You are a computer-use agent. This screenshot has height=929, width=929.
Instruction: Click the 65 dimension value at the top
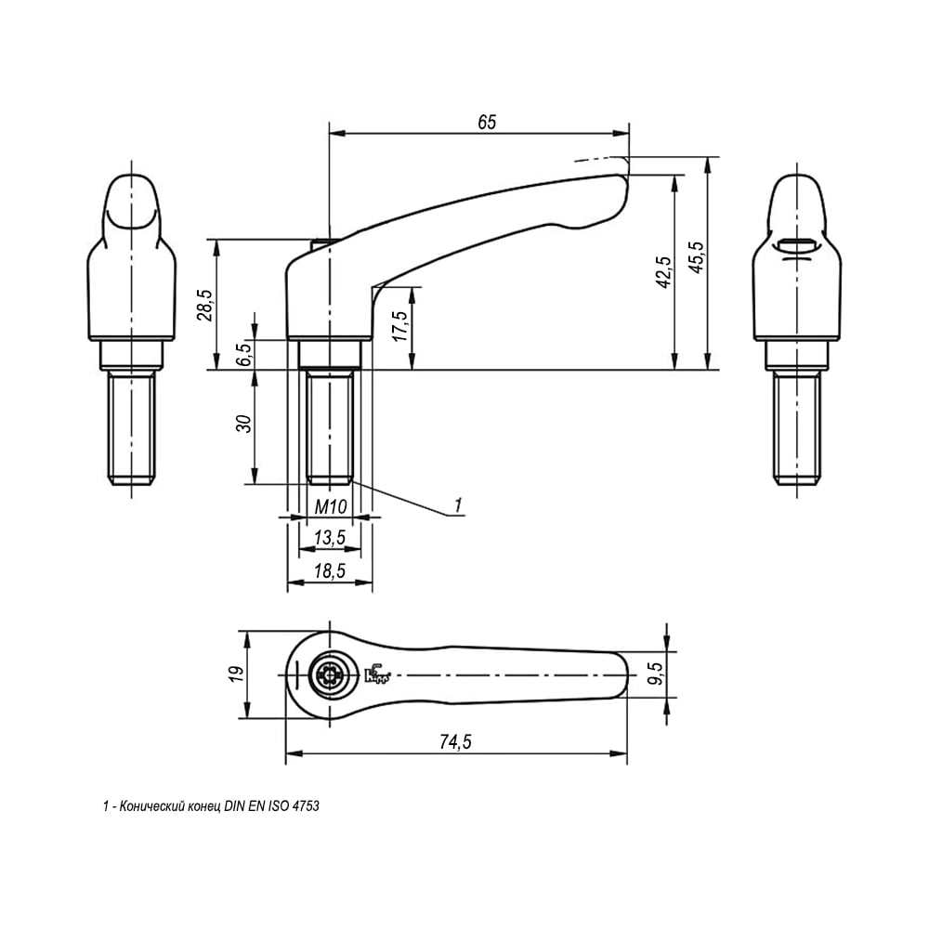click(x=487, y=122)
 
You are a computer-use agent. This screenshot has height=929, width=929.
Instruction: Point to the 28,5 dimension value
click(x=205, y=306)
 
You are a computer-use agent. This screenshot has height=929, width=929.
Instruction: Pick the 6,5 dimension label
click(x=245, y=354)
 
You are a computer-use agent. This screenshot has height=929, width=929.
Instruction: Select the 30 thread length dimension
click(x=243, y=424)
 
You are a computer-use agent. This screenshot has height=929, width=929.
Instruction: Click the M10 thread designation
click(x=330, y=506)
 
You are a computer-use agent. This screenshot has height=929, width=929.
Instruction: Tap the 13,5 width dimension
click(x=330, y=537)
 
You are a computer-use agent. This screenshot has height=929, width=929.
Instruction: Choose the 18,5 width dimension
click(x=330, y=571)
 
